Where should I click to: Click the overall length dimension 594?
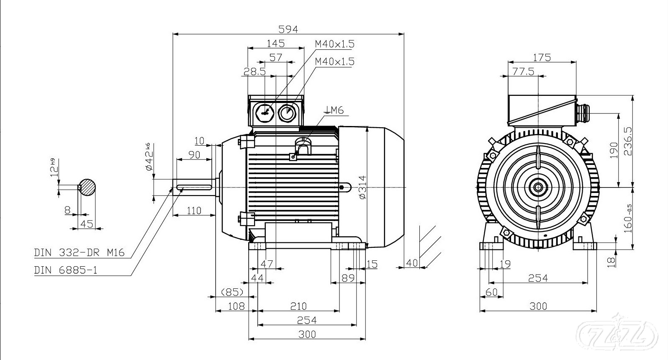[288, 29]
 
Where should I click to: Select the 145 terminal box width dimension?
[275, 43]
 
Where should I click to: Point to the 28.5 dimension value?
[254, 72]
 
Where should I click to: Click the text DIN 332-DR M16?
[79, 253]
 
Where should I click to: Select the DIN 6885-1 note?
[66, 270]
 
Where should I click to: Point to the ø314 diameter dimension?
[362, 187]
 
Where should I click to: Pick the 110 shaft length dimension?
[194, 211]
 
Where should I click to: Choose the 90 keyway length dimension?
[194, 155]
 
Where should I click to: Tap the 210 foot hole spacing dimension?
[298, 306]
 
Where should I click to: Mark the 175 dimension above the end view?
[542, 57]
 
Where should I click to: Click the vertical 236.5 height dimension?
[627, 141]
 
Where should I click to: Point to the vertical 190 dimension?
[614, 151]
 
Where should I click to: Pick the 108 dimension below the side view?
[236, 306]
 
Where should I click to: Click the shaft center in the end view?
[537, 187]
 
